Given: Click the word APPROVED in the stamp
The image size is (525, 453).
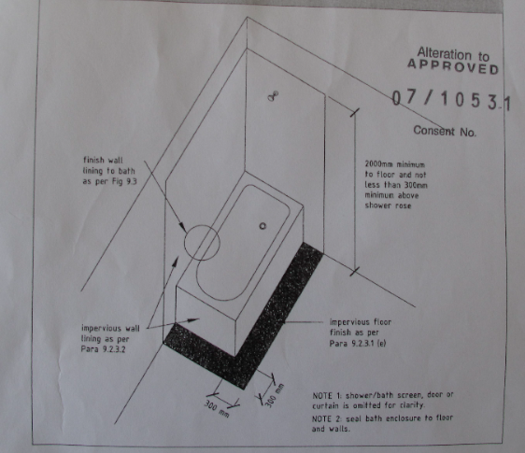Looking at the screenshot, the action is click(453, 67).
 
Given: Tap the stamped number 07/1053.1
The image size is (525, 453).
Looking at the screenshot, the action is click(451, 100).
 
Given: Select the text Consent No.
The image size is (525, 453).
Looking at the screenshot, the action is click(445, 131).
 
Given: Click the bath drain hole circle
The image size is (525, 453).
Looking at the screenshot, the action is click(262, 226).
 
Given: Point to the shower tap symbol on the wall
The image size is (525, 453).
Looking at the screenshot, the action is click(273, 96).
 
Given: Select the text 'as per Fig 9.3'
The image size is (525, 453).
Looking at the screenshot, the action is click(110, 181).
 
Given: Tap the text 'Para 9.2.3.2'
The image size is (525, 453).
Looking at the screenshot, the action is click(103, 349).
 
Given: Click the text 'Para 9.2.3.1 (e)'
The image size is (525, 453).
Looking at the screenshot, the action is click(358, 344).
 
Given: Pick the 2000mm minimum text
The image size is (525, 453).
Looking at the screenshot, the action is click(395, 164).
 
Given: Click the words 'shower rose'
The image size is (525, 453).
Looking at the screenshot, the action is click(388, 205).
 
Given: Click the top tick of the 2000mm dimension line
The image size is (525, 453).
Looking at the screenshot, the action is click(355, 112).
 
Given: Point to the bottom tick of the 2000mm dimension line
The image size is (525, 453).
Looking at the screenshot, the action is click(355, 271).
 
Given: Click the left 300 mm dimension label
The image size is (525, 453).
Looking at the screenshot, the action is click(217, 409).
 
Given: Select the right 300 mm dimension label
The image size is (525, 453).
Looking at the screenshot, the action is click(275, 396).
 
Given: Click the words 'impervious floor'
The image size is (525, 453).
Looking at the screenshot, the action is click(361, 322).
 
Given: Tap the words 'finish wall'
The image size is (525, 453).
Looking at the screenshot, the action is click(103, 160).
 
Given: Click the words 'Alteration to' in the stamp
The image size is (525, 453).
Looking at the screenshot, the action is click(453, 53).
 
